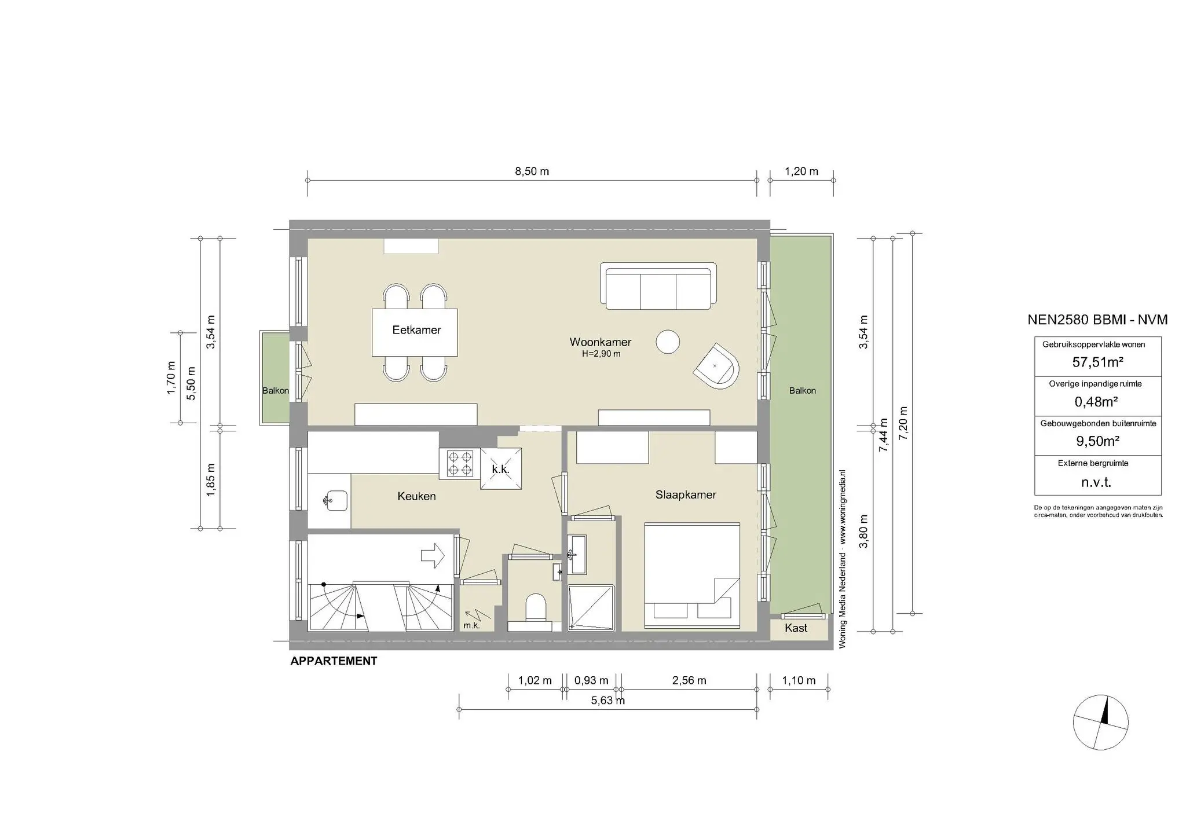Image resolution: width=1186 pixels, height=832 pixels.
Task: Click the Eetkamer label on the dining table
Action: coord(416,330)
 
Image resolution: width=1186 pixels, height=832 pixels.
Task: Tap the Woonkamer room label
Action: coord(601,342)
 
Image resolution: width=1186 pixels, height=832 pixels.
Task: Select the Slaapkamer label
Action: coord(686,495)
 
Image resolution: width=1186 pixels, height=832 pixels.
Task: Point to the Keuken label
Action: coord(416,496)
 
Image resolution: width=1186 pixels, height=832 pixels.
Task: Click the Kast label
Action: coord(796,628)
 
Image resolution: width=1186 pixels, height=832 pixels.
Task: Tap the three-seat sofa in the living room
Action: coord(658,286)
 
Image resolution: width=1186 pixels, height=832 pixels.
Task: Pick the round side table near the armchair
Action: coord(668,342)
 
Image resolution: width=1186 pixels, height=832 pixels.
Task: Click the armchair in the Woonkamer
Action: coord(718,365)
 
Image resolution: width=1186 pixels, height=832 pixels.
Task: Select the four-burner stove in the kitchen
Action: coord(460,464)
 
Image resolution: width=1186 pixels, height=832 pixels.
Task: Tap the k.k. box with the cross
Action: coord(501,469)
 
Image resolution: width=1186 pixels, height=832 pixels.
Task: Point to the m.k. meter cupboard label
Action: coord(471,625)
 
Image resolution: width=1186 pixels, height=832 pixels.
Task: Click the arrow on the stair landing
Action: coord(433,555)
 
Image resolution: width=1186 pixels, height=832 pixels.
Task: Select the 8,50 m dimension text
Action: coord(532,171)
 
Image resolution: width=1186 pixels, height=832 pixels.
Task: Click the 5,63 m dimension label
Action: coord(607,701)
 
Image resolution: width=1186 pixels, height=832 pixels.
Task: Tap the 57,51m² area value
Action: coord(1098,362)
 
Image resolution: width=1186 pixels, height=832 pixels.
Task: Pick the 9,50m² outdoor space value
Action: coord(1098,441)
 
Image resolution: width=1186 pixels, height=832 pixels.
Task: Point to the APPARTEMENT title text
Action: coord(334,661)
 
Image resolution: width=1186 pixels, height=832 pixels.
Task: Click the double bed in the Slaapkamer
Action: coord(693,577)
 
